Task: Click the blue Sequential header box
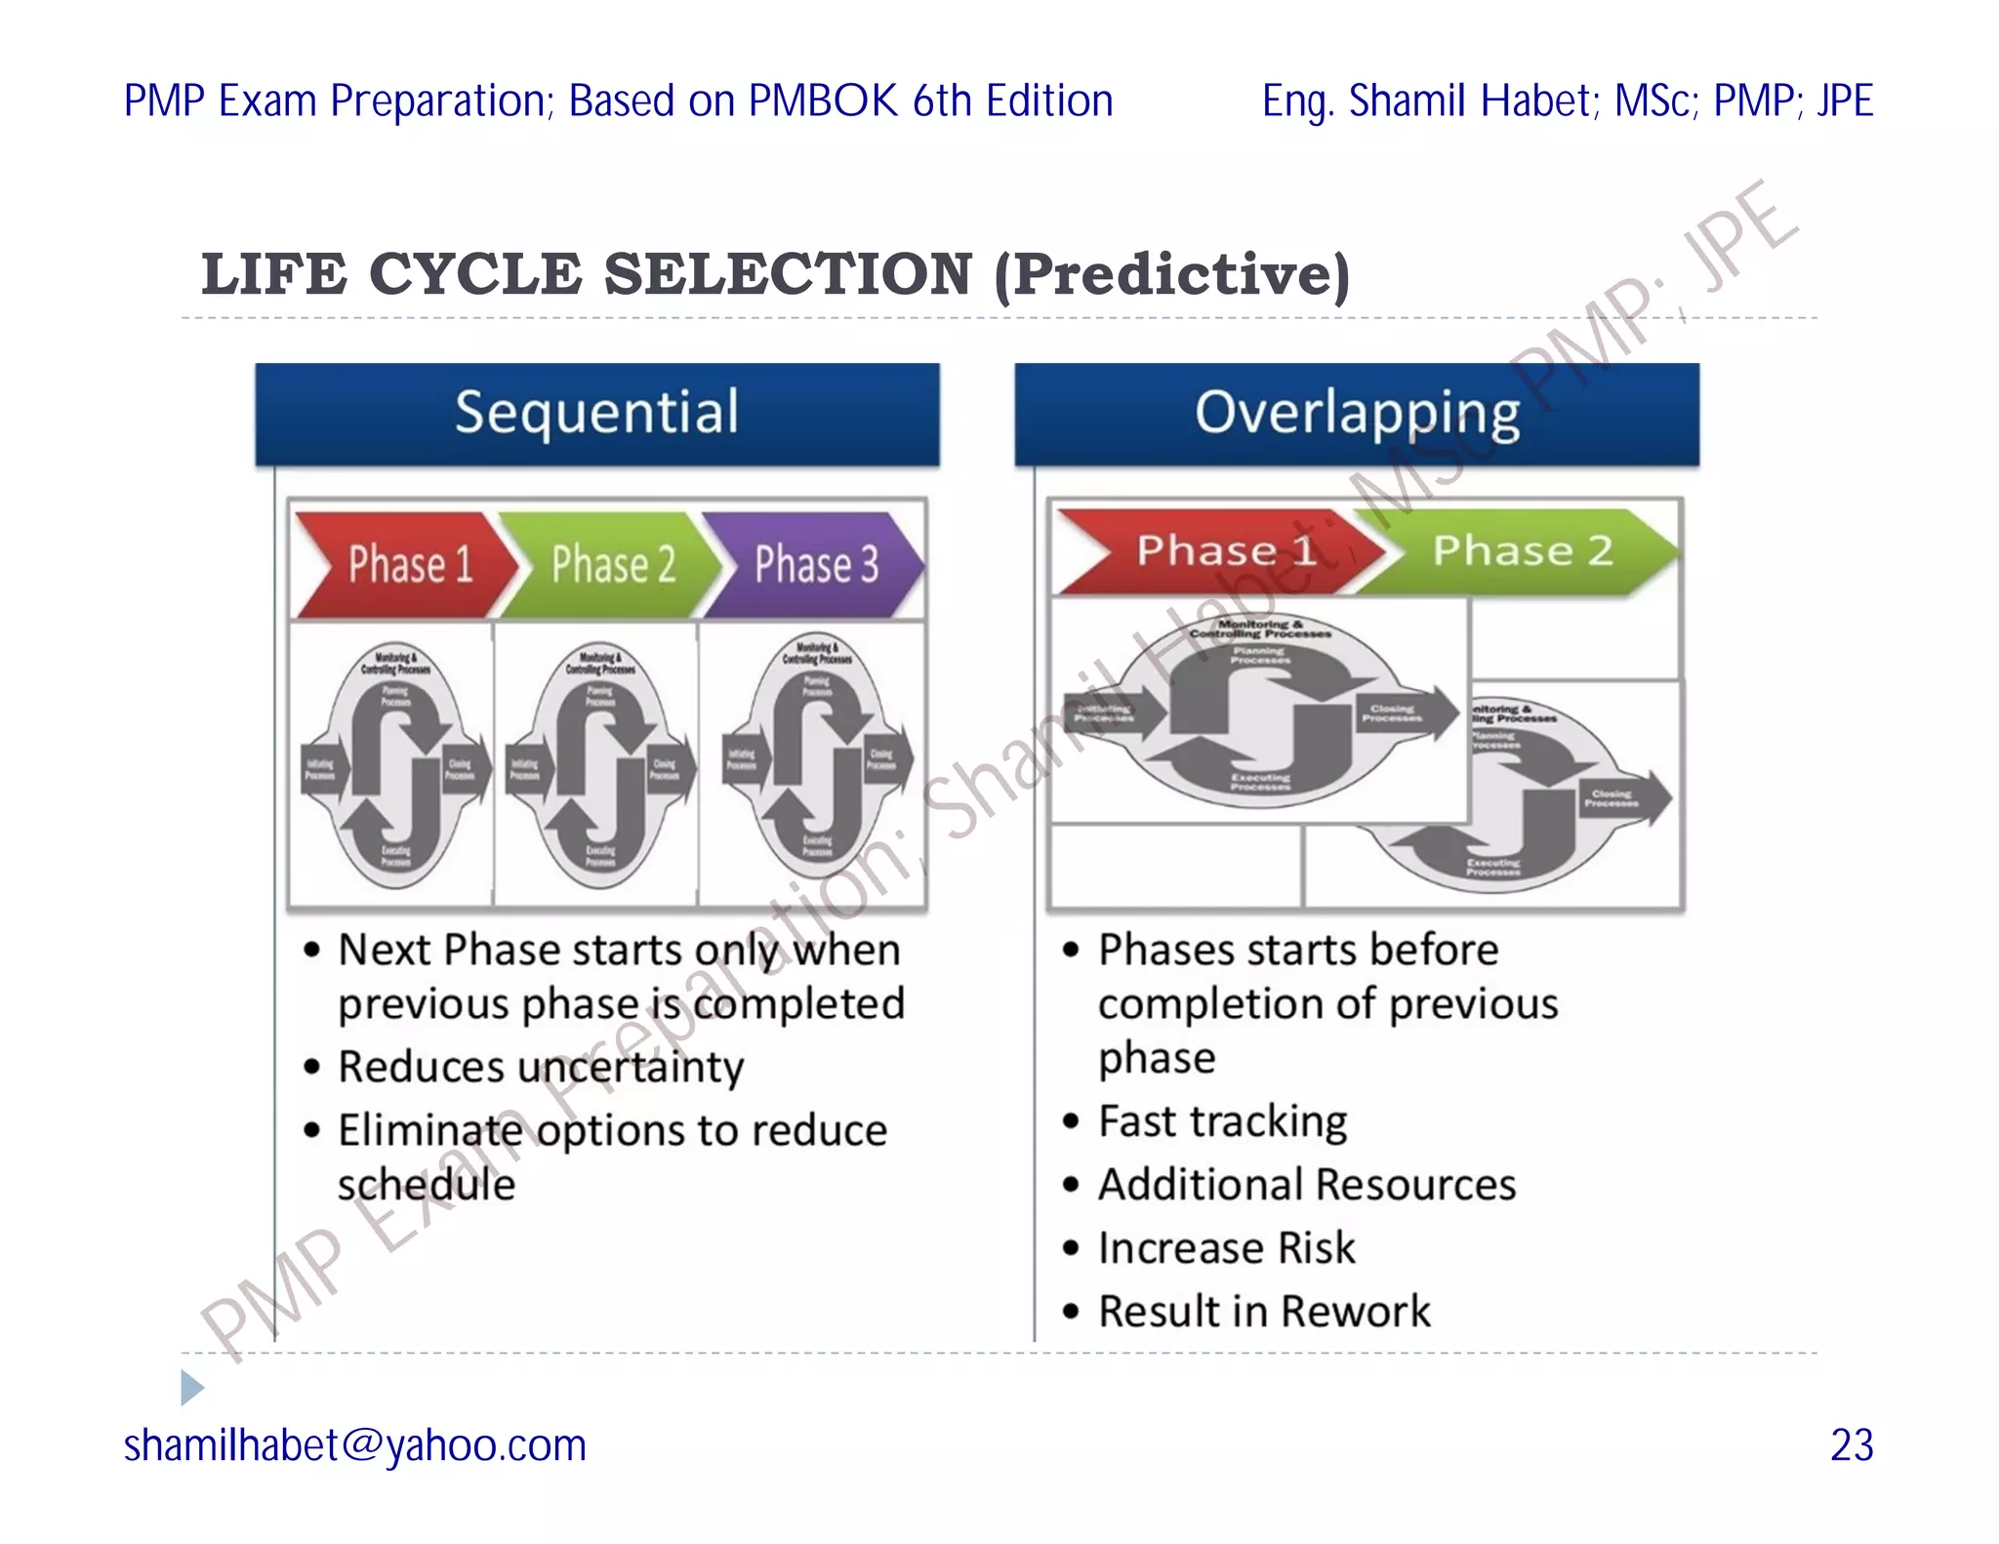click(596, 414)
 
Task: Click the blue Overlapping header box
click(1357, 414)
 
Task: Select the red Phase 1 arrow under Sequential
click(405, 564)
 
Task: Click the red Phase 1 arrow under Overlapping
click(1220, 551)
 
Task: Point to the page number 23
click(1851, 1445)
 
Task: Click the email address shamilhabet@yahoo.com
click(355, 1445)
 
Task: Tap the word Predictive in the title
click(1171, 274)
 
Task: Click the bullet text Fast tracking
click(1222, 1121)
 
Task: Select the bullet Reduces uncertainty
click(540, 1067)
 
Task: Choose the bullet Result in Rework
click(1263, 1311)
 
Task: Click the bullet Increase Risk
click(1226, 1248)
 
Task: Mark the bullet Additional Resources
click(1306, 1185)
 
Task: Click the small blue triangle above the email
click(191, 1387)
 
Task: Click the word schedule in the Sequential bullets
click(427, 1185)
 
